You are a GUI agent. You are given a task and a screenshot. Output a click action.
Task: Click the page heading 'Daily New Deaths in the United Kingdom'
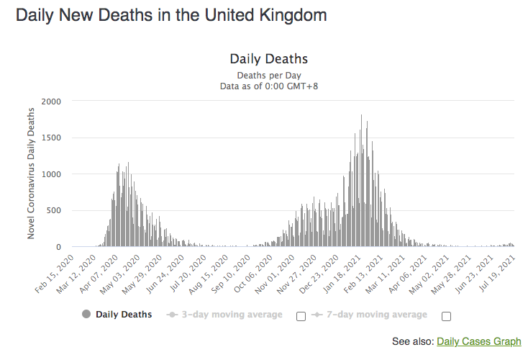pyautogui.click(x=171, y=14)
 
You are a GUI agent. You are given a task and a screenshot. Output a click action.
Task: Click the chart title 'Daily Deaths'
pyautogui.click(x=268, y=59)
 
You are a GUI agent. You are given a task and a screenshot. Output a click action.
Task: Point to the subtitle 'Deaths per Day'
pyautogui.click(x=268, y=75)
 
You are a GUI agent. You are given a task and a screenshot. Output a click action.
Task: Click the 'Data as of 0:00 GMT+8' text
pyautogui.click(x=268, y=86)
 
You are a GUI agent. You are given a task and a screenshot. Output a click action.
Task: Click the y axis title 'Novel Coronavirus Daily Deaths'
pyautogui.click(x=31, y=173)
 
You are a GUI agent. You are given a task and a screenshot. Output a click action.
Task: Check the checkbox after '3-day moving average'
pyautogui.click(x=301, y=315)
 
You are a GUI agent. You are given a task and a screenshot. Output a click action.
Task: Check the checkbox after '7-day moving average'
pyautogui.click(x=446, y=315)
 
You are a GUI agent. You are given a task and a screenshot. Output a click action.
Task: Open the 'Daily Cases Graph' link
pyautogui.click(x=478, y=341)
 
